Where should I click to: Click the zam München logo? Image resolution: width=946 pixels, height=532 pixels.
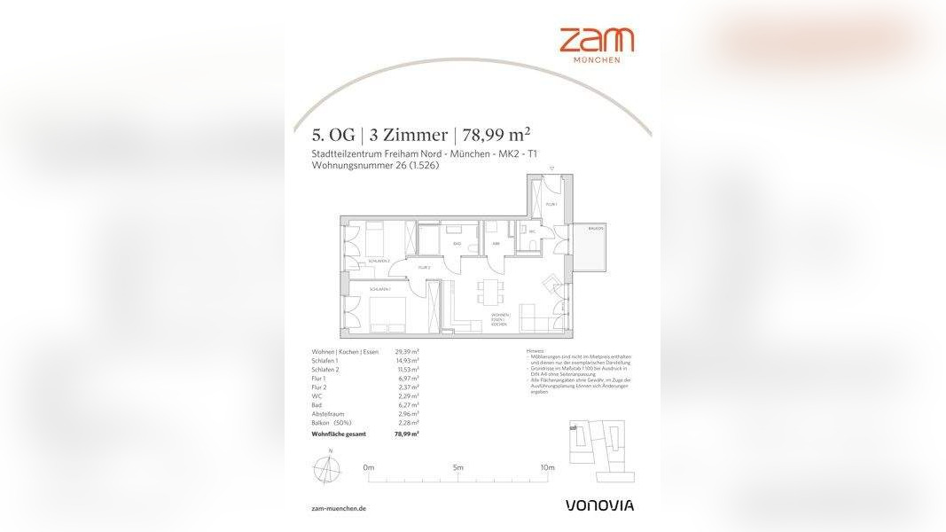tap(596, 44)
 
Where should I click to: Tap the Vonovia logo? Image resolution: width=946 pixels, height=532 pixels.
tap(599, 505)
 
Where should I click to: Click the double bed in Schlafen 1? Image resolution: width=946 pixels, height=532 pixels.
tap(382, 314)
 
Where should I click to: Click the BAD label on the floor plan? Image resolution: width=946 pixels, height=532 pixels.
tap(457, 242)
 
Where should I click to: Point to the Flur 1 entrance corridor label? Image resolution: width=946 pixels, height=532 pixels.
tap(551, 205)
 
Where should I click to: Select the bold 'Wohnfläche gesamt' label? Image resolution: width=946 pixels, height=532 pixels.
tap(339, 434)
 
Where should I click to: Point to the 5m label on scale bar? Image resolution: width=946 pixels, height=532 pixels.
tap(457, 467)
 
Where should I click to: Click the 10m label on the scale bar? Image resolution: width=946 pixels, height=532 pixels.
tap(547, 467)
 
